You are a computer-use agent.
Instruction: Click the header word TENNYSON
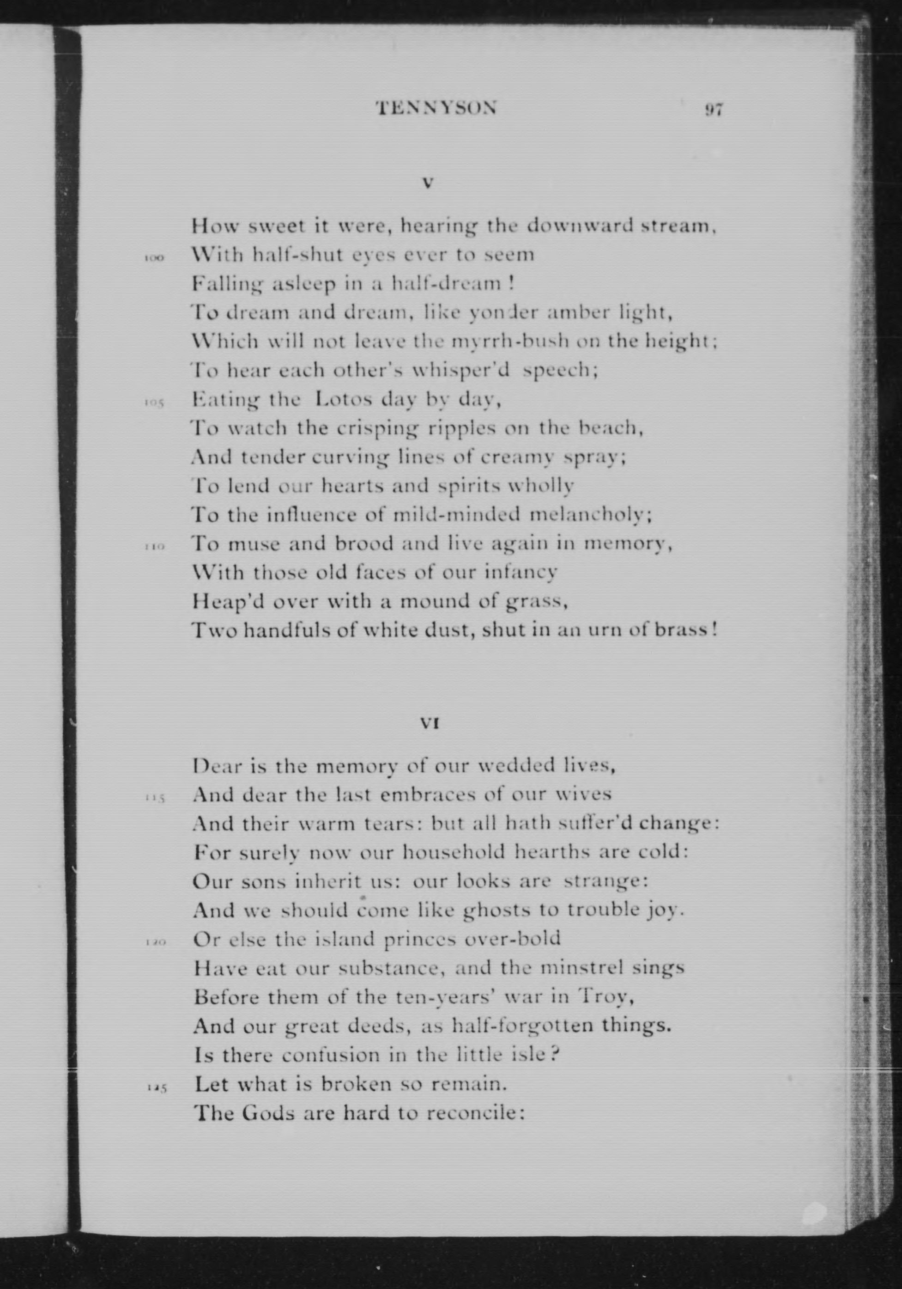click(436, 108)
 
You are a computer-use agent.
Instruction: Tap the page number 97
click(714, 110)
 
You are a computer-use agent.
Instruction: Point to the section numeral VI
click(429, 724)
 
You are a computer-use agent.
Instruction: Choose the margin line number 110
click(153, 547)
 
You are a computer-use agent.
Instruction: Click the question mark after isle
click(553, 1054)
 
